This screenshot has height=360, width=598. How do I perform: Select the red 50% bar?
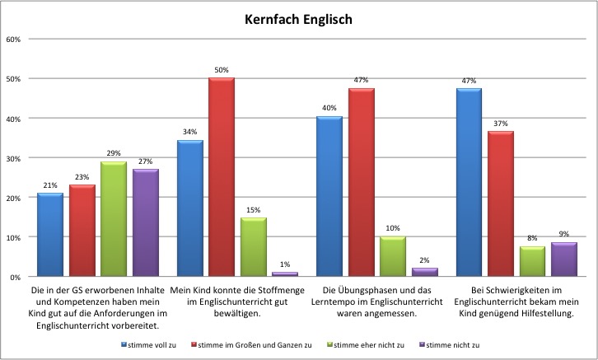[221, 177]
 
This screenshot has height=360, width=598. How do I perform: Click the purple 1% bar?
[285, 274]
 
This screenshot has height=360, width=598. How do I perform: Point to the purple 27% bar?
[145, 223]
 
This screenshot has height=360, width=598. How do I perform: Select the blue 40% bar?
[329, 197]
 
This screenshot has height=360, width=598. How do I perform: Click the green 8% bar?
[533, 262]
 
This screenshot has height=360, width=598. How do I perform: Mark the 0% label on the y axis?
[16, 277]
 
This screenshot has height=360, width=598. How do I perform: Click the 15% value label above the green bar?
[253, 210]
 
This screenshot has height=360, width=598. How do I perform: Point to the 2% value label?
[425, 260]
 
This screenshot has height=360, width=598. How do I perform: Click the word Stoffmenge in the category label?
[269, 291]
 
